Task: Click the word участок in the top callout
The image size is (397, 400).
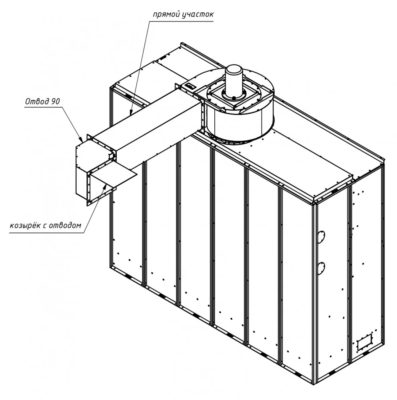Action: coord(198,14)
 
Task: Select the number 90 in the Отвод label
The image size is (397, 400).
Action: coord(56,102)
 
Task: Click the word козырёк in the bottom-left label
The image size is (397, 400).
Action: coord(25,225)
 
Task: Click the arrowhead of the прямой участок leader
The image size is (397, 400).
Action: coord(131,112)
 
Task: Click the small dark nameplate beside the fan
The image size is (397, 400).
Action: coord(190,86)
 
